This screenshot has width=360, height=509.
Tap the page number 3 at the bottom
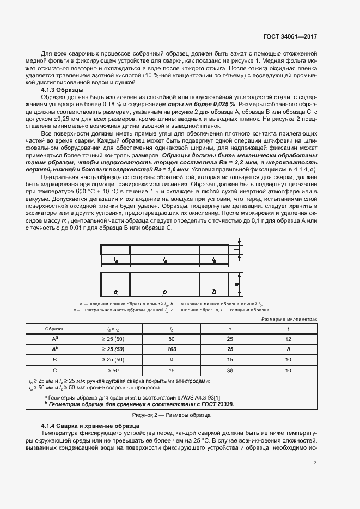315,463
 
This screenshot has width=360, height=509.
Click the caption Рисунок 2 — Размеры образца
180,415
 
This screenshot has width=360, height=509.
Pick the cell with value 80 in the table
172,339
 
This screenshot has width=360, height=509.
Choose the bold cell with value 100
172,349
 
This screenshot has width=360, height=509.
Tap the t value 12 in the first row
288,339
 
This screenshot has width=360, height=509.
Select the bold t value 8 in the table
288,349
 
